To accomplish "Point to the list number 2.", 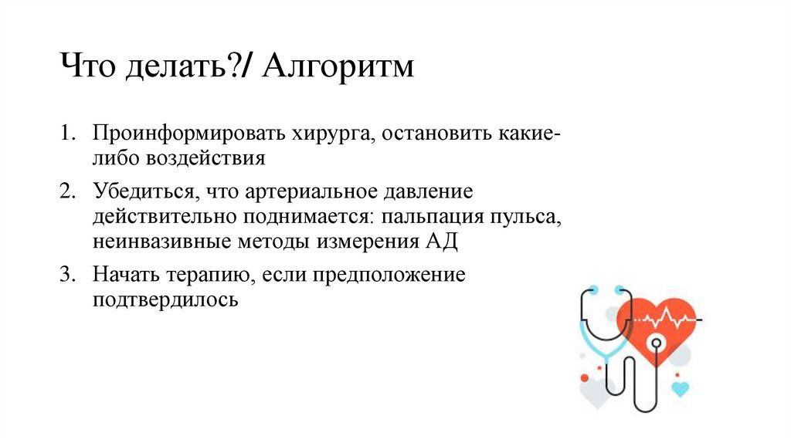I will [68, 191].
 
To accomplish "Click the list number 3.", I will [68, 276].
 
